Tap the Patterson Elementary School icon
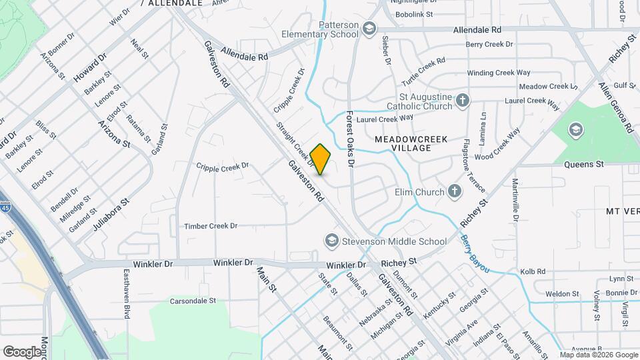coord(369,29)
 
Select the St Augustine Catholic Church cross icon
coord(463,101)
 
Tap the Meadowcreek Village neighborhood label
coord(411,143)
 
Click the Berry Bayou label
coord(475,254)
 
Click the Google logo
coord(22,351)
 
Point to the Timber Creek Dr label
coord(211,226)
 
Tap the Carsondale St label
coord(193,301)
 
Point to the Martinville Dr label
coord(515,199)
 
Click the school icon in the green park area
coord(574,130)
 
